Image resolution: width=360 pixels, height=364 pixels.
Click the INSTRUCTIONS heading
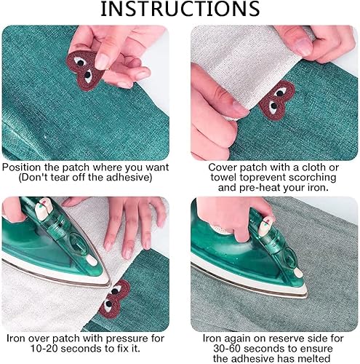[180, 9]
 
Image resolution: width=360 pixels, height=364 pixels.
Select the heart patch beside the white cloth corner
[277, 100]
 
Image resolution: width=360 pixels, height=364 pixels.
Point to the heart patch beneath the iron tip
[114, 299]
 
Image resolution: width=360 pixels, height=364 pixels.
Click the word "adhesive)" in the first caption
[129, 178]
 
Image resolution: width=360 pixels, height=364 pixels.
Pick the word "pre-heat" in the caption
[260, 188]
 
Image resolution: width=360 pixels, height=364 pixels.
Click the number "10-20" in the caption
[44, 349]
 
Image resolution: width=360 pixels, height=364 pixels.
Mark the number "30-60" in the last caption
[227, 349]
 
